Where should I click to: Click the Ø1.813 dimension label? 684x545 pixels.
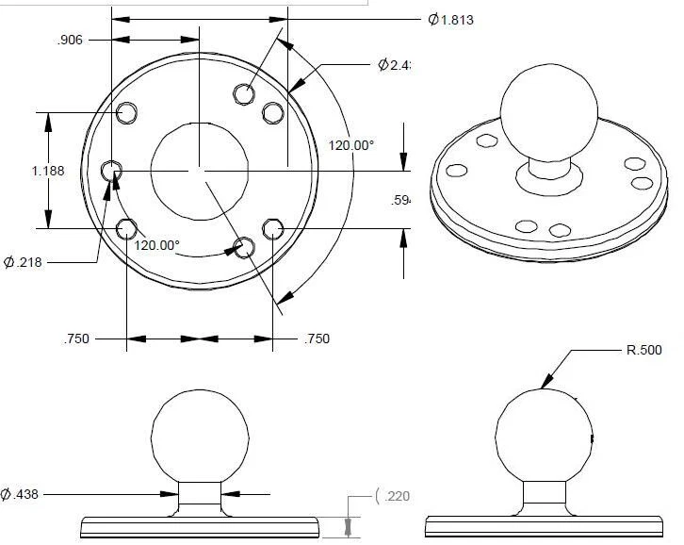(x=449, y=20)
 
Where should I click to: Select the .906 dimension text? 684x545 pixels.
(x=71, y=40)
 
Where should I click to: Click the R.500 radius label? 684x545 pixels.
(x=644, y=350)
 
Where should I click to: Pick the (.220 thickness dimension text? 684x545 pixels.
(x=392, y=495)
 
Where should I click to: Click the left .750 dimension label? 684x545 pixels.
(x=77, y=339)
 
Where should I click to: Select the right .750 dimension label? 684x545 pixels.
(x=318, y=339)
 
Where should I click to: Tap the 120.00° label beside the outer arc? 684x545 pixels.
(x=351, y=145)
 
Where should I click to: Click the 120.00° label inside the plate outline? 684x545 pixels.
(x=156, y=244)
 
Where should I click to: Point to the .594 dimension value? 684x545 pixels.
(x=401, y=200)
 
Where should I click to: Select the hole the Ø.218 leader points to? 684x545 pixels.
(x=112, y=171)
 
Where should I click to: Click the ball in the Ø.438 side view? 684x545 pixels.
(x=201, y=434)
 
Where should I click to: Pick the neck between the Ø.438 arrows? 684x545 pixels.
(x=201, y=497)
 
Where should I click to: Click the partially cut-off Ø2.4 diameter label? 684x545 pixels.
(x=396, y=65)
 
